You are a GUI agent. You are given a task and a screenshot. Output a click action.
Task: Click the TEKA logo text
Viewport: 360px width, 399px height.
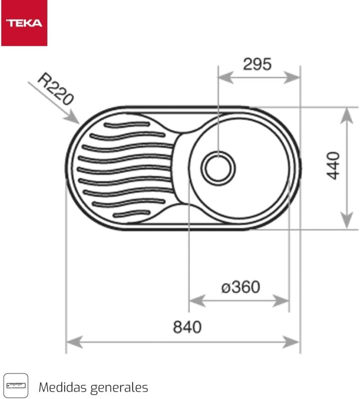(x=24, y=23)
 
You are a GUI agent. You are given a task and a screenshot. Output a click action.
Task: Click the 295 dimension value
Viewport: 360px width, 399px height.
(x=257, y=64)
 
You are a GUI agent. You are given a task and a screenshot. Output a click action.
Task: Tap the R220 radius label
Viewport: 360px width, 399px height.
(x=56, y=89)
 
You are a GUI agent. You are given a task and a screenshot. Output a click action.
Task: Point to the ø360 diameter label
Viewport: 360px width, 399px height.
(x=241, y=287)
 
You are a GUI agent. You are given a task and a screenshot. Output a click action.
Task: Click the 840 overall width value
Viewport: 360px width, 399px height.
(x=187, y=327)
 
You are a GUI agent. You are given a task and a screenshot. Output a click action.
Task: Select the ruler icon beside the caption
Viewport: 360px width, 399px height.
(x=16, y=386)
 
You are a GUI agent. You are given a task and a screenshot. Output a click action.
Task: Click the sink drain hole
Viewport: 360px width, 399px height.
(x=218, y=168)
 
